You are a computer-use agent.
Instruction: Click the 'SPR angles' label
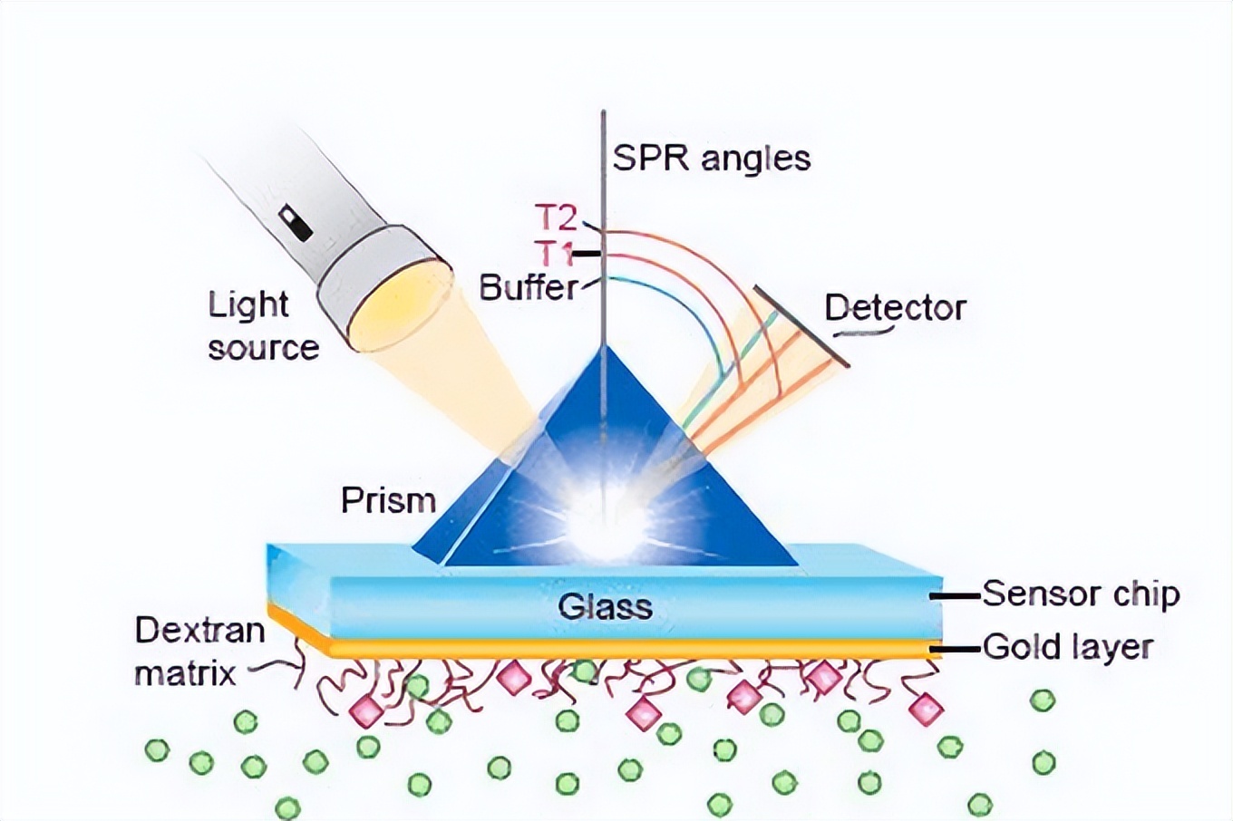pos(711,159)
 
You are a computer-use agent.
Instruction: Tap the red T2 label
pos(555,218)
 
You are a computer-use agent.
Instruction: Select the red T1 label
pos(552,254)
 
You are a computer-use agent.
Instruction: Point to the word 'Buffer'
pos(528,288)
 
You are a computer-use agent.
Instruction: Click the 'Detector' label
pos(895,308)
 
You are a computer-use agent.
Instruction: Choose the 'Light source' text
pos(262,326)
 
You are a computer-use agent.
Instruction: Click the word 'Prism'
pos(388,500)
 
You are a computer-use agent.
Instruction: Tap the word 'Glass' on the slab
pos(605,605)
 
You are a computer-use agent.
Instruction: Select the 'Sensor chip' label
pos(1081,594)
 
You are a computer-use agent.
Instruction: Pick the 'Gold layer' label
pos(1067,647)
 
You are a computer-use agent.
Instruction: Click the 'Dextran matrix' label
pos(199,652)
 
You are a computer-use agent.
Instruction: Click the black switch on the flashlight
pos(296,224)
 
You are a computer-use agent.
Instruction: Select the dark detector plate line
pos(801,327)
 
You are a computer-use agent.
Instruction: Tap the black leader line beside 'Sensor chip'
pos(957,596)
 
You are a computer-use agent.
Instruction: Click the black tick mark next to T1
pos(587,255)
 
